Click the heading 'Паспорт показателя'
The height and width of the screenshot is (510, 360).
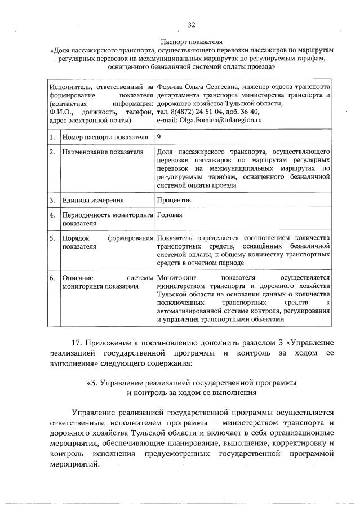click(191, 42)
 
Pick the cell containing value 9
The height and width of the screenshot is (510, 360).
click(159, 136)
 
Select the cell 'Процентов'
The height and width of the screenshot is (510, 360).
click(174, 200)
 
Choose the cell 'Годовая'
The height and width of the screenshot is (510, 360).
click(170, 215)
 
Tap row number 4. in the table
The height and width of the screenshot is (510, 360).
click(52, 215)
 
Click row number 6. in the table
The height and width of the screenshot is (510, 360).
click(52, 278)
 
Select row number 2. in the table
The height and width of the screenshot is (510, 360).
click(52, 152)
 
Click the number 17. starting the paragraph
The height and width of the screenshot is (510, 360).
click(78, 343)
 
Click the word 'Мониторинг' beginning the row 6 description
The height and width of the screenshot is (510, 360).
click(176, 278)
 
